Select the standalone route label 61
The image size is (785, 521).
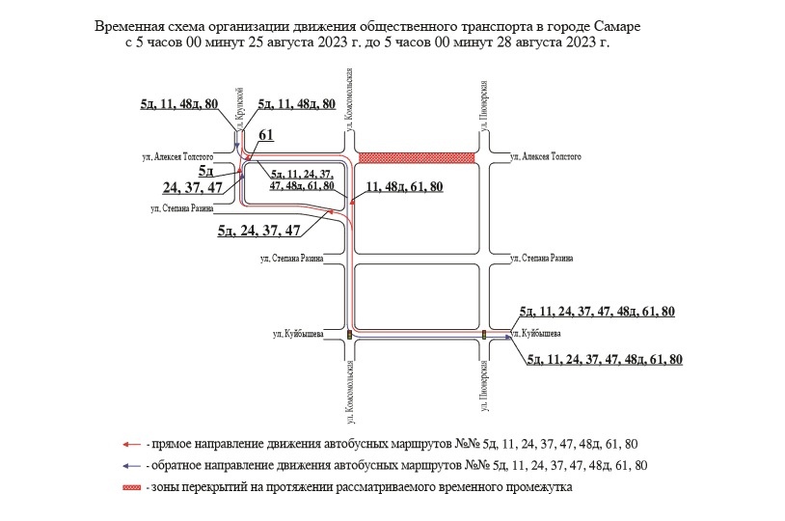267,135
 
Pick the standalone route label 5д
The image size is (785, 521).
205,171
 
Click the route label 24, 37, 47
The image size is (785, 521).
197,187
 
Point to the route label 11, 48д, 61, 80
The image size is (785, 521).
405,186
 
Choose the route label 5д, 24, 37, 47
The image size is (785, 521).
259,230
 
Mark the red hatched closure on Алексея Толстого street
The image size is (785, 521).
417,157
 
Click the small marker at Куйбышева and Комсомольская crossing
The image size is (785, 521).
349,334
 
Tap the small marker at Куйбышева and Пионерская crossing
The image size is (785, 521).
484,334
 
